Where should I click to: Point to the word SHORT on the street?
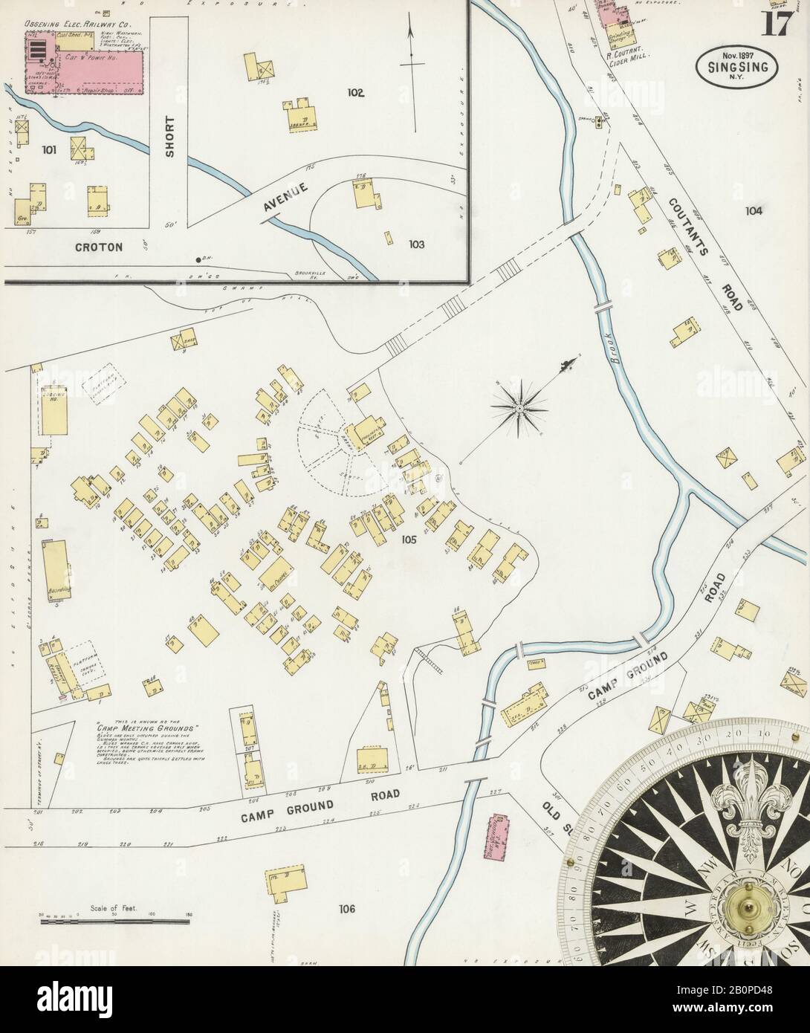click(x=169, y=136)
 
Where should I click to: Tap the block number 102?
click(x=355, y=93)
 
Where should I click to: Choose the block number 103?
click(x=415, y=244)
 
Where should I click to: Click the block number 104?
click(x=754, y=211)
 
